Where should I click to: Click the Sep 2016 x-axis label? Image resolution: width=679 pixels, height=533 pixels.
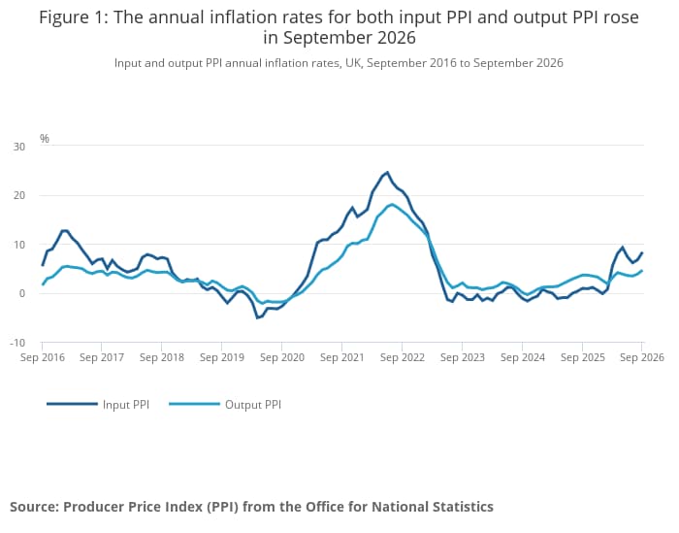[x=43, y=357]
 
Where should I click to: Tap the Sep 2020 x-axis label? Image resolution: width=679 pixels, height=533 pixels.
[x=282, y=357]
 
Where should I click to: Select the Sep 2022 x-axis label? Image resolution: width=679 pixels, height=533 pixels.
[x=403, y=357]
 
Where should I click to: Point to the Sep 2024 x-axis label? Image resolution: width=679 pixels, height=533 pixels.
[x=522, y=357]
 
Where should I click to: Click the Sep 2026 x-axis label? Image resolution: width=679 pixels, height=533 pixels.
[x=642, y=357]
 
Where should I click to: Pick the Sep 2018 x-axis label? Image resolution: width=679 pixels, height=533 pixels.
[x=162, y=357]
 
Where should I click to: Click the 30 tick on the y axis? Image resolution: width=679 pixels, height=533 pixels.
[x=19, y=147]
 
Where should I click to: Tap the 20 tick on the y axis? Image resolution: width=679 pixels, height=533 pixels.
[x=19, y=195]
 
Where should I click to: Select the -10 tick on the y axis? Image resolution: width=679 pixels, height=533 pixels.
[x=17, y=343]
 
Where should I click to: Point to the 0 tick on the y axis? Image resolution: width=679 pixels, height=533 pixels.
[x=22, y=293]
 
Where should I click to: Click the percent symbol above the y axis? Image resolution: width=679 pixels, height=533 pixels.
[x=45, y=138]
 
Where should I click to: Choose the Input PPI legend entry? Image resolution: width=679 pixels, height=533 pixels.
[x=98, y=404]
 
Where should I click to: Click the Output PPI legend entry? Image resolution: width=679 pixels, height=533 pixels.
[x=225, y=404]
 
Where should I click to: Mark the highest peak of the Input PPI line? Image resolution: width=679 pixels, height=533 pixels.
[x=387, y=173]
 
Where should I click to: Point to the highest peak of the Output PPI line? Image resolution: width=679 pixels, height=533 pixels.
[x=392, y=204]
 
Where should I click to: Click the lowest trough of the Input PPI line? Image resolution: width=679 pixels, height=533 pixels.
[x=257, y=318]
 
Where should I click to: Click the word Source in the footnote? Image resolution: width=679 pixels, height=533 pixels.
[x=34, y=507]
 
